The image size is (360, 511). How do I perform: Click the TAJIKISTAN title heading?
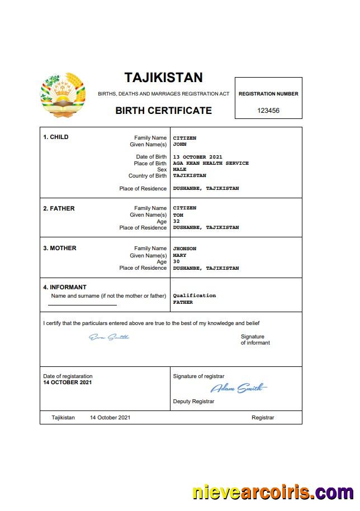tap(163, 77)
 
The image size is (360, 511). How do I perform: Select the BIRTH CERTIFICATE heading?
tap(163, 111)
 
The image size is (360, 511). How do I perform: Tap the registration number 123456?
tap(268, 111)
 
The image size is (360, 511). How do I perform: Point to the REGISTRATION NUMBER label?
tap(268, 94)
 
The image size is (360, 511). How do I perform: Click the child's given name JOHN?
tap(179, 144)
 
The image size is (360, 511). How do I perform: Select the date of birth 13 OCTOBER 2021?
tap(197, 157)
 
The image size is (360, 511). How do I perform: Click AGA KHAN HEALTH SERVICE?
tap(211, 163)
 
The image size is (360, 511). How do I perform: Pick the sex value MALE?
tap(179, 169)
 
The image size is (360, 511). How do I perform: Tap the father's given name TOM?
tap(178, 215)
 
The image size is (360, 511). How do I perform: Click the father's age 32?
tap(176, 221)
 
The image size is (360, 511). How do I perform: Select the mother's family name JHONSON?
tap(184, 249)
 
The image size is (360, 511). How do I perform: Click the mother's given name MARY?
tap(179, 255)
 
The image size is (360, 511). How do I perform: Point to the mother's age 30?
tap(176, 261)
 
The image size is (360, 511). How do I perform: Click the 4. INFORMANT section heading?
tap(65, 288)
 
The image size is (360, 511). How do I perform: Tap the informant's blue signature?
tap(109, 337)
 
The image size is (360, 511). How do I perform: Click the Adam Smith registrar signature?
tap(238, 388)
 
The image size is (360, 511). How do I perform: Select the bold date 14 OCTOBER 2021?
tap(68, 383)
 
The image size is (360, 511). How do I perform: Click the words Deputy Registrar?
tap(193, 401)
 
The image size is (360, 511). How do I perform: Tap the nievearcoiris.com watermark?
tap(272, 493)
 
